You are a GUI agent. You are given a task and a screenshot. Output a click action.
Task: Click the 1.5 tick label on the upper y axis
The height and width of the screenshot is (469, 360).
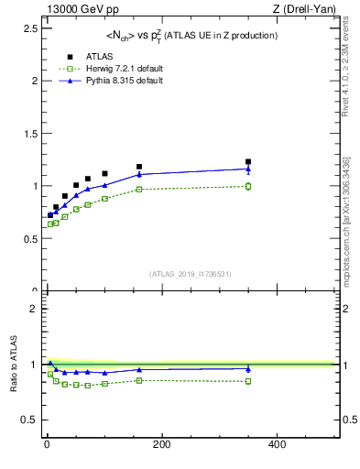click(x=32, y=133)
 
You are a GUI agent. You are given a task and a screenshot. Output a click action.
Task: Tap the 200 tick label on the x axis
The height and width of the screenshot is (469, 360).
click(x=162, y=445)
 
